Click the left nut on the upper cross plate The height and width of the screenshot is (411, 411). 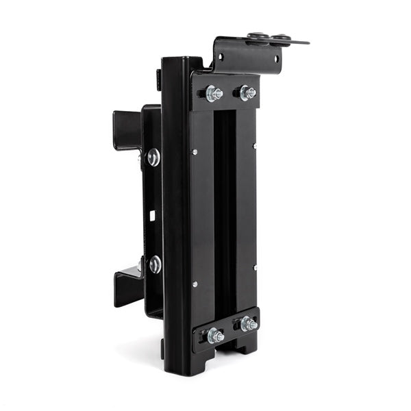[212, 93]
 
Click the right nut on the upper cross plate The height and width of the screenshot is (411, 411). [247, 92]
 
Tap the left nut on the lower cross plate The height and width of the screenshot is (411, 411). [214, 336]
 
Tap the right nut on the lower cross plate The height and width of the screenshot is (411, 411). [247, 323]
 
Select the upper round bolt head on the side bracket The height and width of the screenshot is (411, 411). [153, 158]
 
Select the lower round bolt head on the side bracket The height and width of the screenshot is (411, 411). [155, 264]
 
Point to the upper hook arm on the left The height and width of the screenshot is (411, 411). [127, 130]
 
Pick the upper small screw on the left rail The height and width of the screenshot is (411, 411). [195, 152]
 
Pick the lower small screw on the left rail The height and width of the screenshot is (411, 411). [195, 284]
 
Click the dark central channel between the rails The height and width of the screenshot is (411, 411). [225, 212]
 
